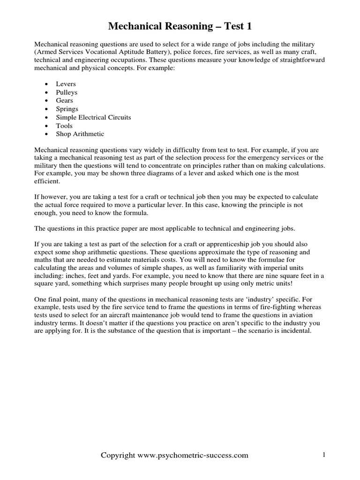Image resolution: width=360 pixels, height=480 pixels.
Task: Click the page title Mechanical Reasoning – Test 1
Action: pos(180,26)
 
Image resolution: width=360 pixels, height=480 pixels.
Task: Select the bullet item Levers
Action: pos(66,84)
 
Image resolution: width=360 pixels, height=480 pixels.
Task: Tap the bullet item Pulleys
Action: pos(67,92)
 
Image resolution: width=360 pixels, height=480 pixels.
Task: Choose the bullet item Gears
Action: pos(65,101)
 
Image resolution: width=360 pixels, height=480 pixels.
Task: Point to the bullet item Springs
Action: pos(67,109)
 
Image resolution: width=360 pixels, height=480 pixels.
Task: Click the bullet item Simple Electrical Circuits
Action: pos(93,117)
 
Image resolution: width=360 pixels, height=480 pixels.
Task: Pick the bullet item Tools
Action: pos(64,126)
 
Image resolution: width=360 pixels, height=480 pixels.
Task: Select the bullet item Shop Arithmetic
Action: pos(80,134)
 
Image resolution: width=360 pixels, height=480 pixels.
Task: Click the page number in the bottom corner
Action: pos(323,455)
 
